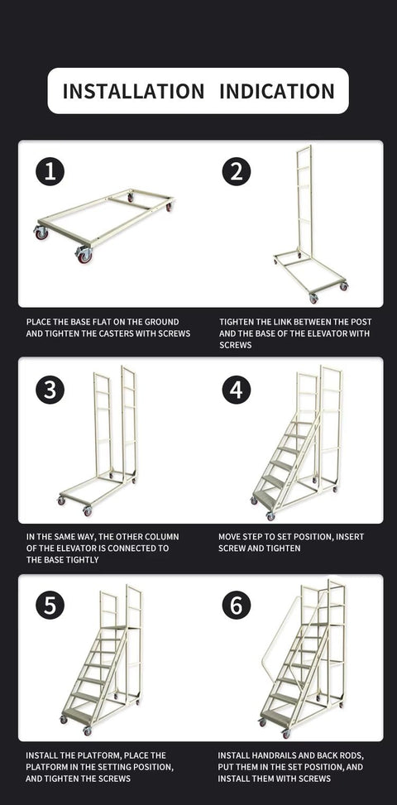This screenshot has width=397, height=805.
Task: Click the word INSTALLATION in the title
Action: [133, 91]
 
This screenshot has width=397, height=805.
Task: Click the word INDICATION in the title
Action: [277, 91]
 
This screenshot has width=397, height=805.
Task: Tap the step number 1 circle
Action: [50, 171]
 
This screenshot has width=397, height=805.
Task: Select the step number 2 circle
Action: [237, 171]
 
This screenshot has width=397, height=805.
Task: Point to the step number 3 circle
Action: [50, 390]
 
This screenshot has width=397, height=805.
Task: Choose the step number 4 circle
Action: [237, 390]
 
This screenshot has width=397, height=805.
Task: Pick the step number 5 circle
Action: [50, 605]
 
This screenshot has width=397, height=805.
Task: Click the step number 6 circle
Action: [237, 605]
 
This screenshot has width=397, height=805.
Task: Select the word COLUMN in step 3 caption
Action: [162, 536]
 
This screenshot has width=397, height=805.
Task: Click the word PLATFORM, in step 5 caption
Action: [45, 767]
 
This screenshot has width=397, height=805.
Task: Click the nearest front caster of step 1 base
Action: [84, 254]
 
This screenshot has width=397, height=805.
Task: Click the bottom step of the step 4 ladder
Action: [265, 499]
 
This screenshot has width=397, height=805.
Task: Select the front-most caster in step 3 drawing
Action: [87, 511]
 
